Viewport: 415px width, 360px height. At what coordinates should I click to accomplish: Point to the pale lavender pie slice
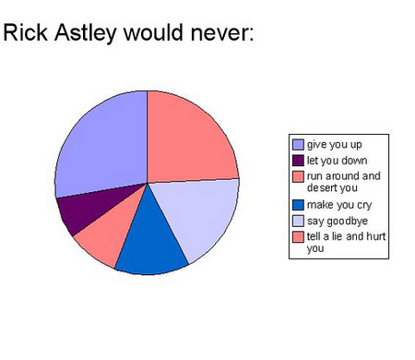[198, 217]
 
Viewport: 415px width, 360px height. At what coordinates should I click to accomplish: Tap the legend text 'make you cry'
[336, 204]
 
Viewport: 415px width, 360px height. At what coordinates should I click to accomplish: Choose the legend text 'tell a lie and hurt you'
[344, 242]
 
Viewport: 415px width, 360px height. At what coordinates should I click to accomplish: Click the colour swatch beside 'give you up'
[298, 145]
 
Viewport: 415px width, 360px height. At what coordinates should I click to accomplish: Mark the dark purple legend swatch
[298, 160]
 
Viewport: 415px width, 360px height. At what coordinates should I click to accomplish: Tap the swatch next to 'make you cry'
[298, 204]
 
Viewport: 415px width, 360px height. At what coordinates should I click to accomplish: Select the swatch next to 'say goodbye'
[298, 222]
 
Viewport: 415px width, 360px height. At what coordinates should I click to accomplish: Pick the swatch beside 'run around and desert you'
[298, 175]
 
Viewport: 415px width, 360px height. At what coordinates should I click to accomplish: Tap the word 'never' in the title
[218, 34]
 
